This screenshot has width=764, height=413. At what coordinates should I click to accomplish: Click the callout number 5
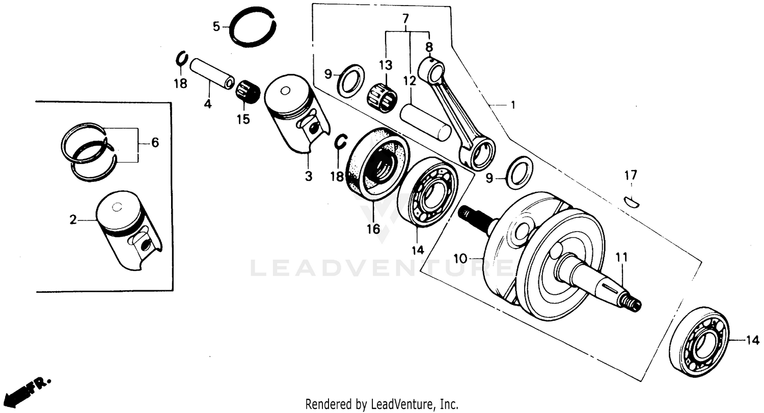click(x=216, y=26)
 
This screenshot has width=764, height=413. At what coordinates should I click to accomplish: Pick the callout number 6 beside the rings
click(x=155, y=143)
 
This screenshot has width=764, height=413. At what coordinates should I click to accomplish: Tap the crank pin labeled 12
click(x=425, y=123)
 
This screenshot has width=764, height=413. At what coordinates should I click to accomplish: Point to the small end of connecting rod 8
click(x=431, y=70)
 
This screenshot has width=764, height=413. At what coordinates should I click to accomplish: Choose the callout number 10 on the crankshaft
click(x=460, y=259)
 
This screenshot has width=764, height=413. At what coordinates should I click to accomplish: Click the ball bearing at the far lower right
click(x=698, y=342)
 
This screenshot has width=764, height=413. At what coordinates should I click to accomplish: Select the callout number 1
click(x=513, y=105)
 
